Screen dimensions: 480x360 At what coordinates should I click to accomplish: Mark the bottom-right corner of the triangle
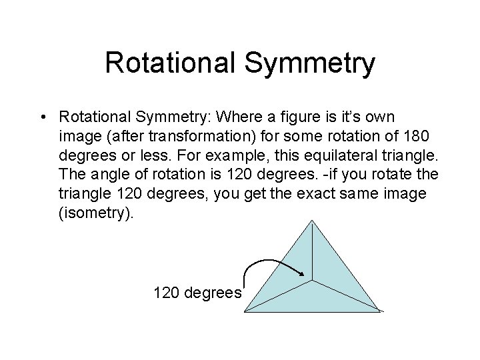pos(382,311)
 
